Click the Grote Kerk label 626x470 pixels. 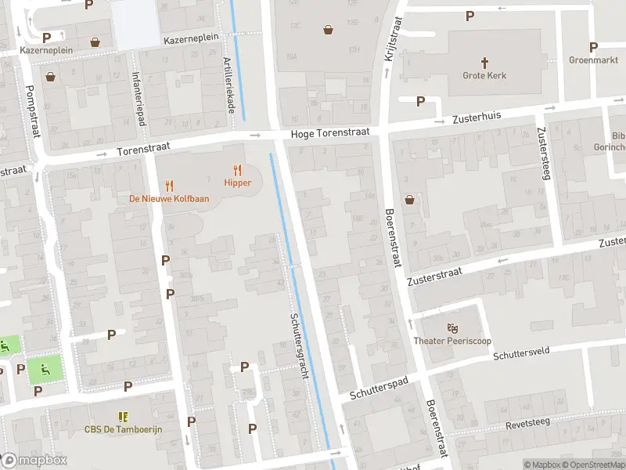click(484, 76)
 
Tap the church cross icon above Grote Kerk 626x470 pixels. click(484, 62)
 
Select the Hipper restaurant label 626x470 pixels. click(237, 183)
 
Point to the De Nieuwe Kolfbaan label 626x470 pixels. click(169, 198)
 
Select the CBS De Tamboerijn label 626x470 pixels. click(122, 429)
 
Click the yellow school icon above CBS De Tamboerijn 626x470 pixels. click(122, 416)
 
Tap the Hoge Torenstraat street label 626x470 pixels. click(329, 134)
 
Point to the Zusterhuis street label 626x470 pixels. click(477, 118)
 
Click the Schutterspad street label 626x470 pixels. click(380, 386)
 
